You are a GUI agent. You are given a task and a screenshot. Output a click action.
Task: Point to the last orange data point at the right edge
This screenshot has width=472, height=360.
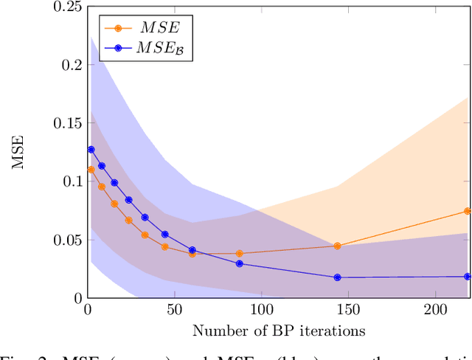(467, 211)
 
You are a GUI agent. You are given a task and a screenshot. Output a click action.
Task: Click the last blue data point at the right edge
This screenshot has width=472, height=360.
(467, 277)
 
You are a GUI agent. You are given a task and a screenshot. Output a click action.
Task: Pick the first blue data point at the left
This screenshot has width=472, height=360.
(91, 150)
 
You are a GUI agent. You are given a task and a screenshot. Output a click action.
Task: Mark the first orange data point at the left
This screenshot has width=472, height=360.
(91, 170)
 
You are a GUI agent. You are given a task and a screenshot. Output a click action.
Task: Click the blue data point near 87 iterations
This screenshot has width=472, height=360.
(239, 263)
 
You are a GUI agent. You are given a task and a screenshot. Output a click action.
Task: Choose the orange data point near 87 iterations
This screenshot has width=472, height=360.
(239, 254)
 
